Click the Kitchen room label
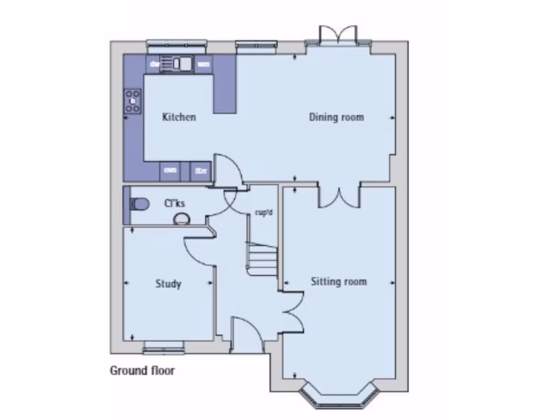click(x=179, y=117)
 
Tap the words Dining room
click(x=336, y=117)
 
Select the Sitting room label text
click(x=339, y=282)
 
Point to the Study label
click(x=168, y=284)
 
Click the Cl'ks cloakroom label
click(x=174, y=203)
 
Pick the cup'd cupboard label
click(x=264, y=212)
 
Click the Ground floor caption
click(x=142, y=371)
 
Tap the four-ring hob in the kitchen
click(x=133, y=101)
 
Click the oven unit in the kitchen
click(x=170, y=171)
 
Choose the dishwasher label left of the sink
click(x=154, y=65)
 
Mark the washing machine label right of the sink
click(x=203, y=65)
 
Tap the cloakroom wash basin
click(x=181, y=219)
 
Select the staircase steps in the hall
click(x=263, y=259)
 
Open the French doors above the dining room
click(x=339, y=36)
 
